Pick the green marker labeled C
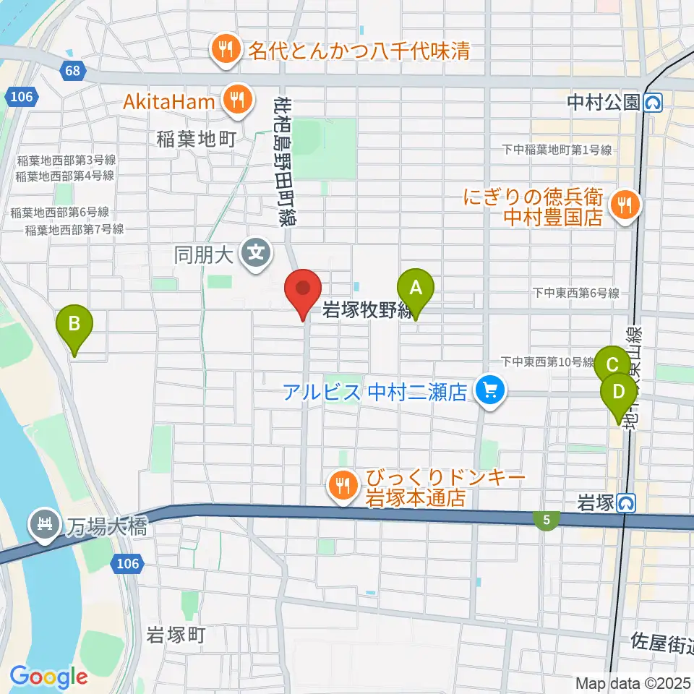(611, 364)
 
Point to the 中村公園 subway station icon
(652, 103)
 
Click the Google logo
(48, 677)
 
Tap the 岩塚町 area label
(176, 635)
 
